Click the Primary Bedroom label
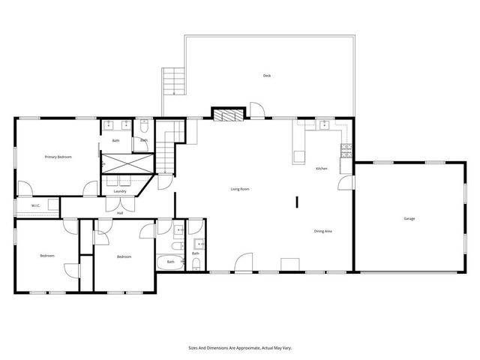pyautogui.click(x=58, y=157)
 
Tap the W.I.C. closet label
pyautogui.click(x=35, y=206)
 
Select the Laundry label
pyautogui.click(x=120, y=191)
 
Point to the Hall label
pyautogui.click(x=120, y=213)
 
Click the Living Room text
pyautogui.click(x=240, y=189)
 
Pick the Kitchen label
pyautogui.click(x=321, y=169)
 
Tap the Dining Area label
pyautogui.click(x=323, y=231)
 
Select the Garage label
pyautogui.click(x=409, y=218)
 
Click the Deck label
pyautogui.click(x=266, y=76)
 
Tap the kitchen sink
pyautogui.click(x=324, y=124)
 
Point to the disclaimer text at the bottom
pyautogui.click(x=240, y=348)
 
